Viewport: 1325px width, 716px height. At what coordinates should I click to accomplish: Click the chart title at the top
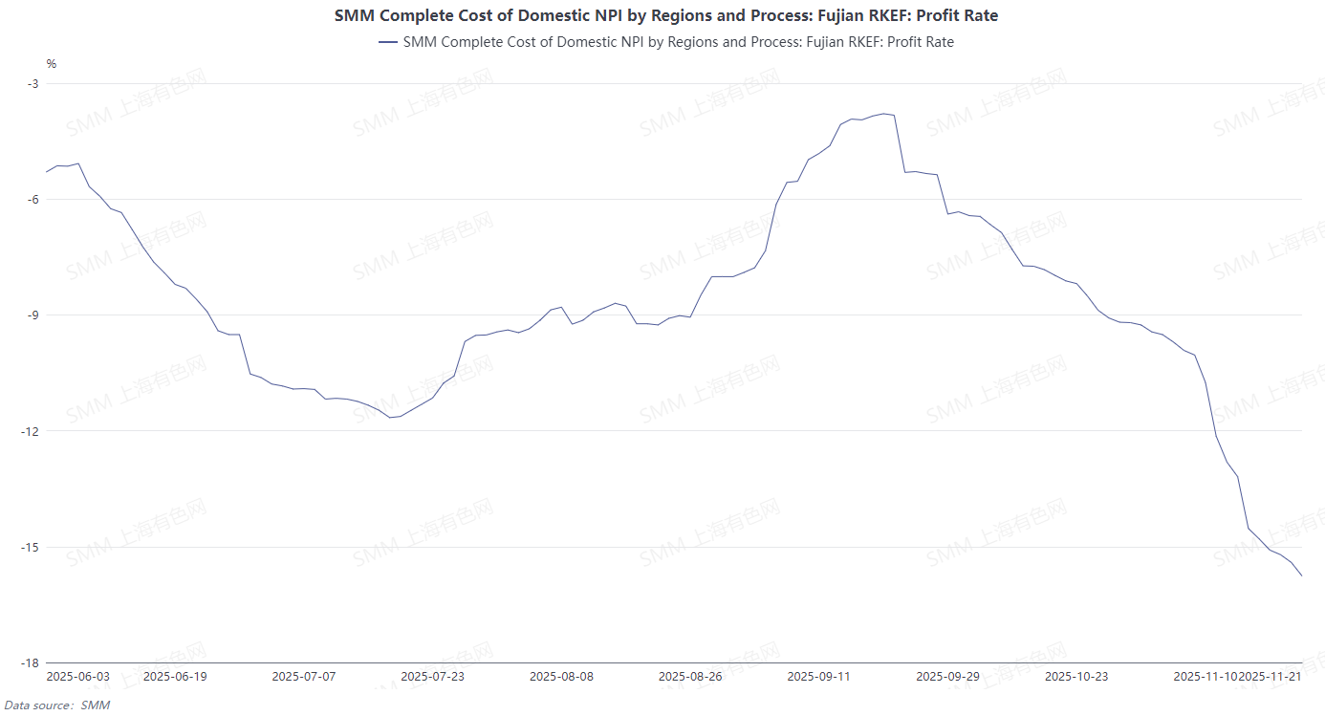tap(666, 15)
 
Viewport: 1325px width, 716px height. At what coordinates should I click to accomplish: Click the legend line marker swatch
tap(388, 42)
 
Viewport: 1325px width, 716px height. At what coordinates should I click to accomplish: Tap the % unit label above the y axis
tap(52, 64)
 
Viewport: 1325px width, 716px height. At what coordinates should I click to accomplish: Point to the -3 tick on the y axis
tap(33, 84)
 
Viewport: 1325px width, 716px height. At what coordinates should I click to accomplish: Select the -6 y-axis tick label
tap(33, 200)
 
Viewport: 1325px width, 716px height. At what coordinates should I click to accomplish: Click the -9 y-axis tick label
tap(33, 315)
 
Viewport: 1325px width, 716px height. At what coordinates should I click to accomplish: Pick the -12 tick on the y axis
tap(31, 431)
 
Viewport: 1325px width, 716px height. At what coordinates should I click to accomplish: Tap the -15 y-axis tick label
tap(31, 548)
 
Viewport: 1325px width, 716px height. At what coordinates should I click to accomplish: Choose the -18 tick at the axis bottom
tap(31, 663)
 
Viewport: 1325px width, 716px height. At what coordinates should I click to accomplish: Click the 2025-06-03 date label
tap(78, 677)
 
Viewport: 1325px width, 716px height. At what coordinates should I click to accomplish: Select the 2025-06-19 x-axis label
tap(175, 677)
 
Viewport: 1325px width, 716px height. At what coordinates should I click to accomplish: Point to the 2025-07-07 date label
tap(304, 677)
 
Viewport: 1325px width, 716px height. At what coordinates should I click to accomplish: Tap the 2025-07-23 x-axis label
tap(433, 677)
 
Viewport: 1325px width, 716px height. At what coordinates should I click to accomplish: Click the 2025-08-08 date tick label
tap(561, 677)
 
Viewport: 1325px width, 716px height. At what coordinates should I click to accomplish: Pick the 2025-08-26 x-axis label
tap(690, 677)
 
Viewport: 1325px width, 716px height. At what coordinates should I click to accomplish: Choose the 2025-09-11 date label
tap(818, 677)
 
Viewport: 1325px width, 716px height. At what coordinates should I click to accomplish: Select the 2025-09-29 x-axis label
tap(947, 677)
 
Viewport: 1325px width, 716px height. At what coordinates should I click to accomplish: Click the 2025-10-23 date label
tap(1076, 677)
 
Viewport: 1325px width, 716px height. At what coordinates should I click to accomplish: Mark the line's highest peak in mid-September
tap(884, 114)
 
